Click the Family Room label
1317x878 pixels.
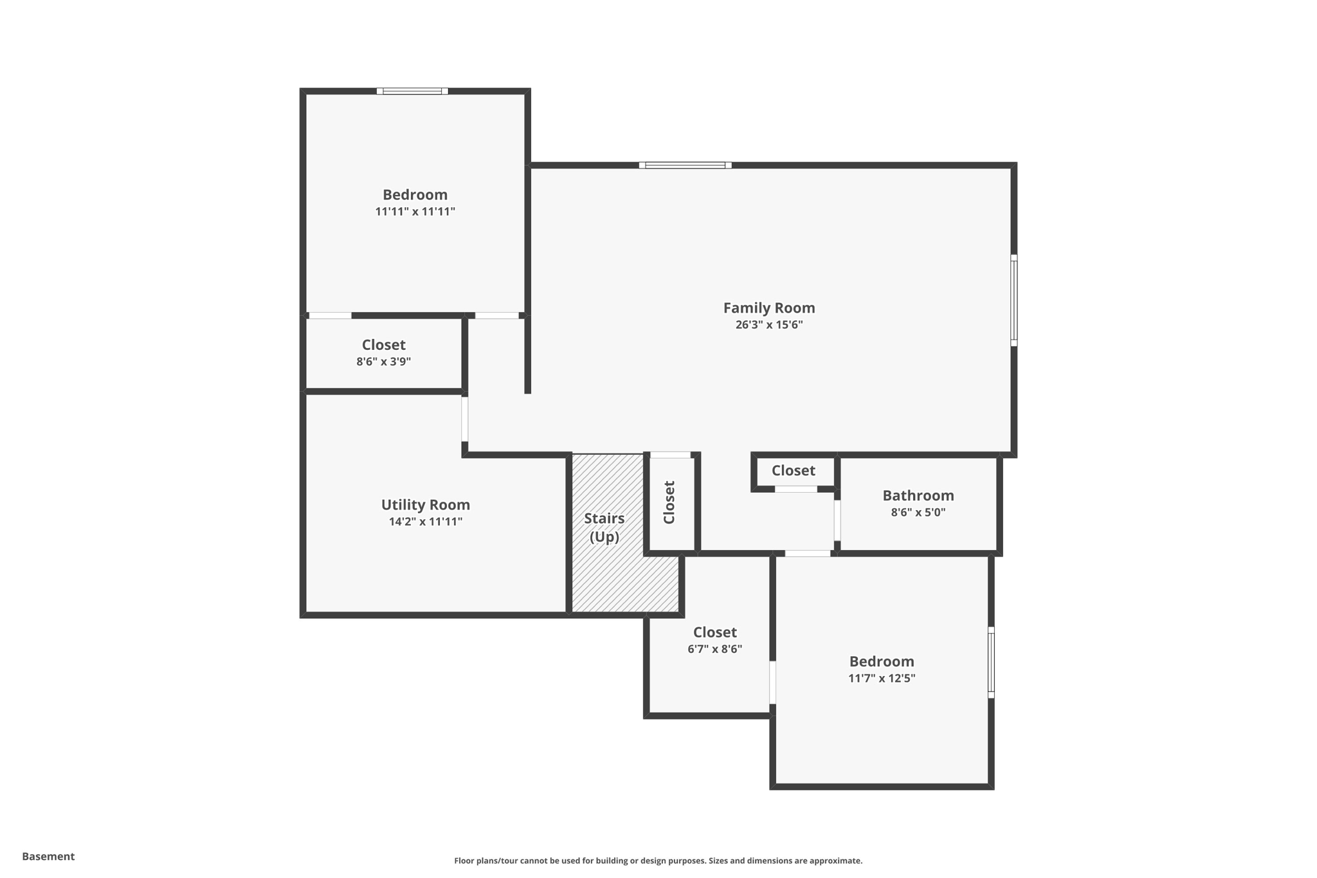click(769, 308)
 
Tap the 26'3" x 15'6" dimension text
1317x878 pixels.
click(769, 325)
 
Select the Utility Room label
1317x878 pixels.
click(426, 505)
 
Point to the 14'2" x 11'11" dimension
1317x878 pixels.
click(426, 522)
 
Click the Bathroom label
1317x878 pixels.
click(918, 495)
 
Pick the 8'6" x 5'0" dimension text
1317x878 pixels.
click(918, 513)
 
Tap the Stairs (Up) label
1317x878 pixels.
click(604, 527)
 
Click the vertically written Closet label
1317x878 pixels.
click(669, 502)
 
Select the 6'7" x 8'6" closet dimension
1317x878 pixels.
click(715, 649)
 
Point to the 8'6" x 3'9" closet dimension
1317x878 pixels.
click(384, 361)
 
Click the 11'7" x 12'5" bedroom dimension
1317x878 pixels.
click(882, 678)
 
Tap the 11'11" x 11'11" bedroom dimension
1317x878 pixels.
click(415, 212)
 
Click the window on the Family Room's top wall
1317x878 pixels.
click(686, 165)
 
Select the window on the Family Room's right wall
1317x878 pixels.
click(1014, 300)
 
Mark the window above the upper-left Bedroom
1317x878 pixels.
click(412, 91)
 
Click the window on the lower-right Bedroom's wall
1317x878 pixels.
click(991, 663)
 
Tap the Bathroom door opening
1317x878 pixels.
click(837, 520)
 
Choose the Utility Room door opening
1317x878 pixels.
click(465, 419)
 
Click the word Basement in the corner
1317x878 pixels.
click(48, 856)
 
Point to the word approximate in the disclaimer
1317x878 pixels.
click(835, 861)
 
